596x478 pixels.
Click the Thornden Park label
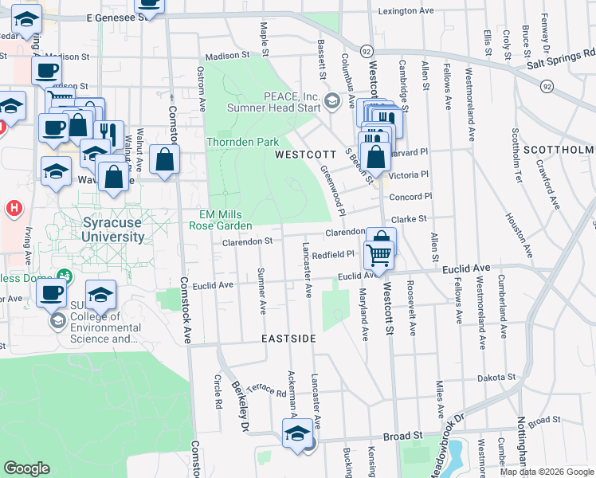click(x=243, y=142)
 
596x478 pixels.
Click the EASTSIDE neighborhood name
click(x=289, y=339)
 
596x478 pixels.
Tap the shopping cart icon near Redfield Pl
click(x=378, y=255)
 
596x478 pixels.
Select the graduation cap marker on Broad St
click(x=297, y=435)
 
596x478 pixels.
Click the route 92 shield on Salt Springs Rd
click(x=546, y=85)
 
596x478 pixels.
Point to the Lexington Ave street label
click(x=406, y=11)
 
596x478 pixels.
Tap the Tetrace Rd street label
click(x=266, y=388)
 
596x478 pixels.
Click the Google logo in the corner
click(x=26, y=468)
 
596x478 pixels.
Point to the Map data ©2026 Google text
click(x=546, y=472)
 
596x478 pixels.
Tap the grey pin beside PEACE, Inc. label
click(x=349, y=101)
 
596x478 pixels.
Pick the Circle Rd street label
click(x=217, y=392)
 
